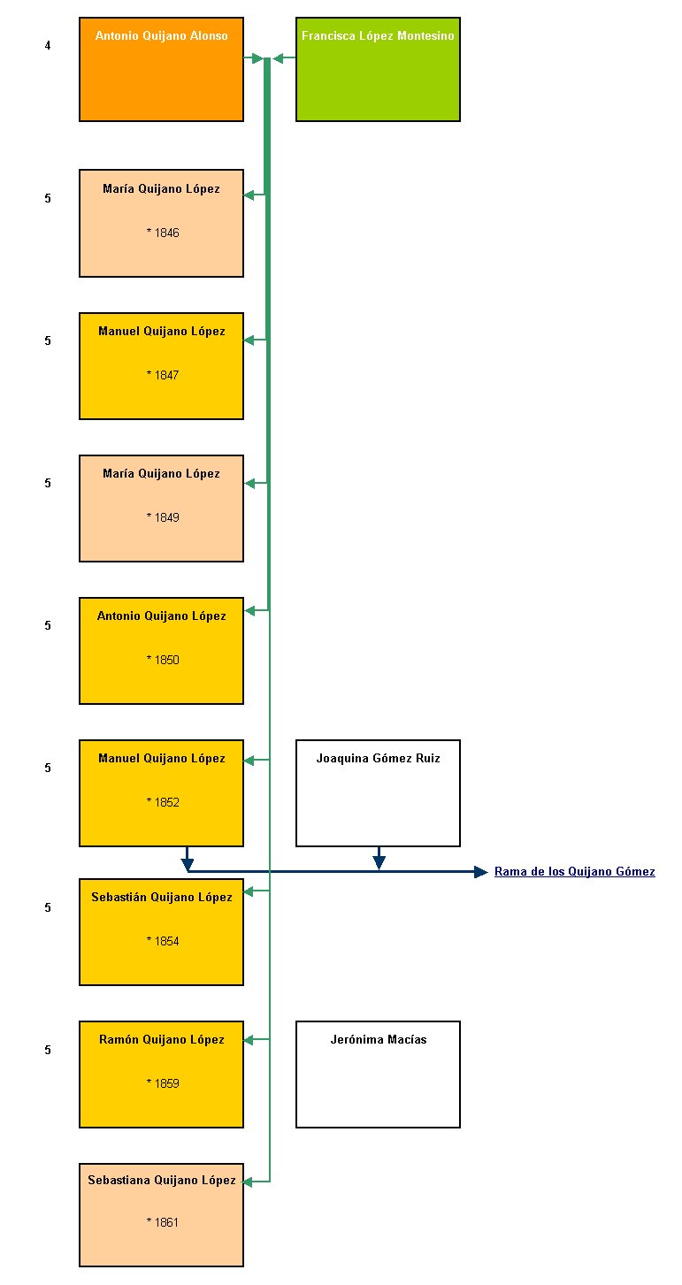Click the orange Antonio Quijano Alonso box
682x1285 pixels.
pos(161,69)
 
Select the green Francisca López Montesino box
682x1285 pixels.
pos(378,69)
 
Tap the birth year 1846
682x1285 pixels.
pos(163,233)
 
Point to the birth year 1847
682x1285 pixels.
pos(163,375)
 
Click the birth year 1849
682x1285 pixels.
pos(163,516)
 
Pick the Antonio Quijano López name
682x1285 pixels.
pos(161,616)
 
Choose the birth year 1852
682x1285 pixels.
pos(163,802)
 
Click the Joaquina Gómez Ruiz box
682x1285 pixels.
pos(378,793)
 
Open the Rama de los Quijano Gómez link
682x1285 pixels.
pos(575,871)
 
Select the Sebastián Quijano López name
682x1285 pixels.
pos(162,898)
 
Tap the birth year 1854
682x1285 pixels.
pos(163,941)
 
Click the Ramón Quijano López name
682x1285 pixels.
pos(162,1039)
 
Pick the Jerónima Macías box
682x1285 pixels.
pos(378,1075)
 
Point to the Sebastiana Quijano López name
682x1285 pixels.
pos(162,1180)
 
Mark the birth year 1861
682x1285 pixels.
pos(163,1222)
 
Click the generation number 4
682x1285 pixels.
pos(48,45)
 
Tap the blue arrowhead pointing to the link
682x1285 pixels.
pos(481,872)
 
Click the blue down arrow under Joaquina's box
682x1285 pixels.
pos(379,858)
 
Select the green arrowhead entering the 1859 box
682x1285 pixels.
pos(249,1039)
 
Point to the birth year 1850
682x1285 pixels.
pos(163,660)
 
